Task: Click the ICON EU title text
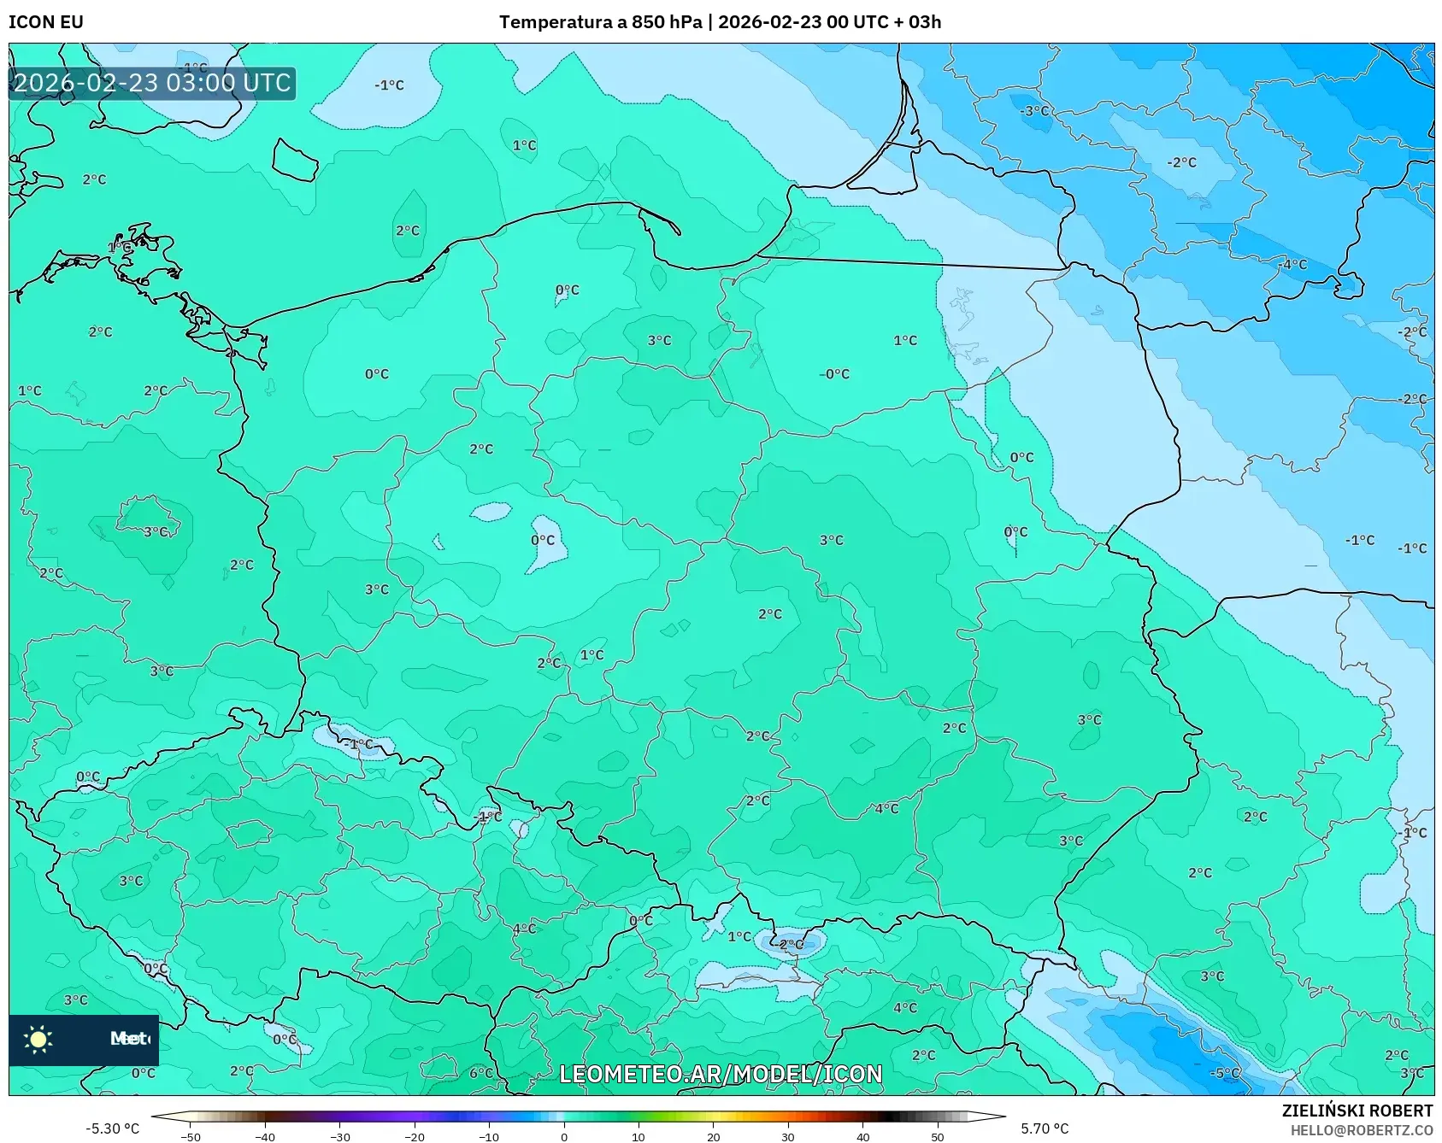click(x=46, y=22)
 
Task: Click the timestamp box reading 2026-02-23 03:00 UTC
click(x=152, y=84)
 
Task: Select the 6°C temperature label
click(x=481, y=1073)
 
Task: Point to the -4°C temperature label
click(x=1293, y=265)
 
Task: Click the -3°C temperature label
click(x=1035, y=111)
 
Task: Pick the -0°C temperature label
click(x=834, y=374)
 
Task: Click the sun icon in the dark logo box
click(x=38, y=1039)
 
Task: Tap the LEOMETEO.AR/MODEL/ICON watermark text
click(x=721, y=1074)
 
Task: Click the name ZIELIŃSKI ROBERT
click(x=1357, y=1111)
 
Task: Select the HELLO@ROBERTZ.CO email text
click(x=1361, y=1130)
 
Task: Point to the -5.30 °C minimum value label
click(x=112, y=1128)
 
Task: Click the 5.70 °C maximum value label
click(x=1045, y=1128)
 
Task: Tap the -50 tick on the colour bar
click(x=191, y=1137)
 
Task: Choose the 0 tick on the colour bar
click(x=563, y=1137)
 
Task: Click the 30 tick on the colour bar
click(x=787, y=1137)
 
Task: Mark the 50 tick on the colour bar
click(x=937, y=1137)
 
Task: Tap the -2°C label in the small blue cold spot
click(x=792, y=945)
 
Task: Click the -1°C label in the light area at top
click(x=389, y=85)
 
